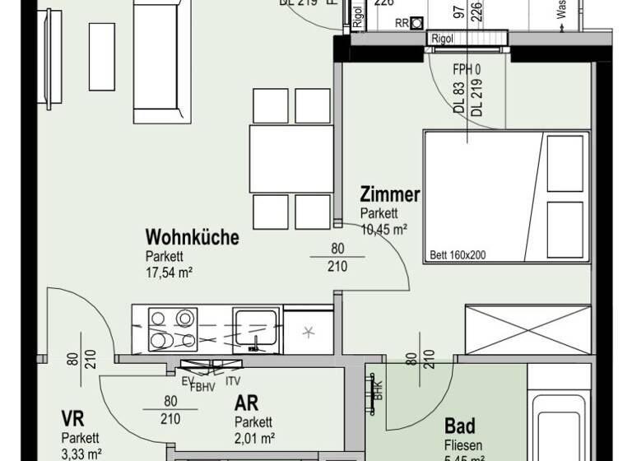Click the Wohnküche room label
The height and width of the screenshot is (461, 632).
coord(193,238)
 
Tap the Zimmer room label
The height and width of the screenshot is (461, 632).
coord(390,195)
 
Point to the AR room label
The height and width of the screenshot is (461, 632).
coord(246,403)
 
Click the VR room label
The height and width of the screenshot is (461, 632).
coord(73,417)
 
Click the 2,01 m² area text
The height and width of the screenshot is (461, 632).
coord(253,438)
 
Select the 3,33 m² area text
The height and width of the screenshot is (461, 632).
coord(81,453)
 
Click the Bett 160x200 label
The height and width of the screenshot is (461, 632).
coord(458,255)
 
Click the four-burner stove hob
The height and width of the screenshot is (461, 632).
coord(170,329)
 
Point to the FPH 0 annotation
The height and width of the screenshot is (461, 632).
coord(465,69)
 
